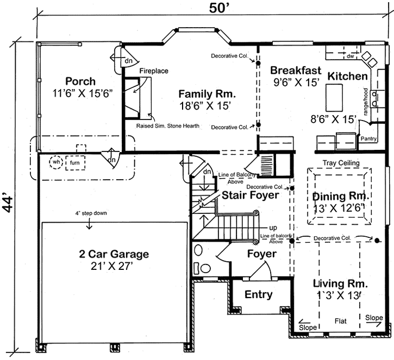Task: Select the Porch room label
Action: [80, 81]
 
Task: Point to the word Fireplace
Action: [154, 71]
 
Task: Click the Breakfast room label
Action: [296, 71]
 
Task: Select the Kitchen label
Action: [347, 76]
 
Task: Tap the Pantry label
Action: [369, 139]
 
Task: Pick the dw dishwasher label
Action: [350, 56]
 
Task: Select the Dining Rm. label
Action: [341, 195]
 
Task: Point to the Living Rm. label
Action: [341, 283]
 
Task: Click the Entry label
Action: [259, 294]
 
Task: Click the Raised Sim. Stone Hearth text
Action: [167, 126]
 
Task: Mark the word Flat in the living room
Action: [341, 320]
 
